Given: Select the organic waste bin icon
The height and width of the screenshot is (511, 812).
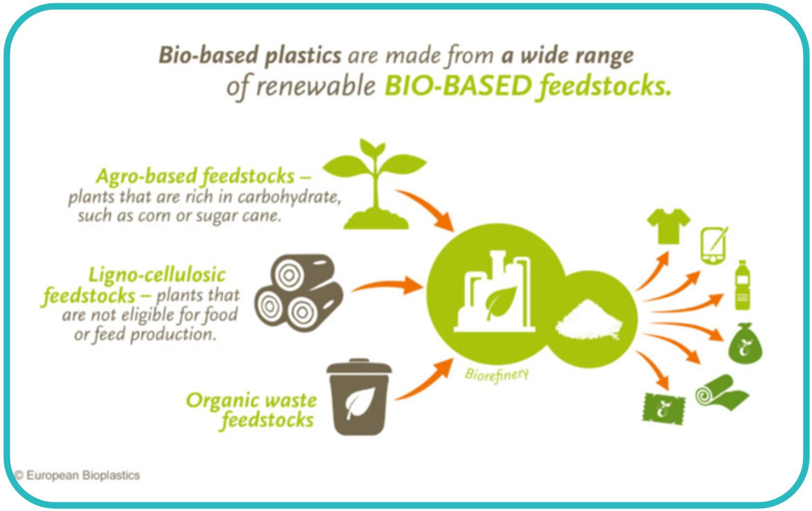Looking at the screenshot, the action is tap(359, 397).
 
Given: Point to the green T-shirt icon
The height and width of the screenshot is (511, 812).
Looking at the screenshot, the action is tap(669, 226).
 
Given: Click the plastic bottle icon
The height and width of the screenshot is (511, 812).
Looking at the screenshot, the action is tap(742, 285).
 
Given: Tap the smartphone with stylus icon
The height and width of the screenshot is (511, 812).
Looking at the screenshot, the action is tap(714, 246).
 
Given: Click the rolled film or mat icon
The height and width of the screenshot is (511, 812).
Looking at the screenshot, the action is tap(721, 393).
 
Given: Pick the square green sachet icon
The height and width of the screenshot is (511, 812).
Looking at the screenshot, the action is tap(664, 409).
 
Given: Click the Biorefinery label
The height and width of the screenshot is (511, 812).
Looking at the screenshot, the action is tap(497, 374).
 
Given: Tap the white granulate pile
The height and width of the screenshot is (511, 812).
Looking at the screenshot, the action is tap(589, 321).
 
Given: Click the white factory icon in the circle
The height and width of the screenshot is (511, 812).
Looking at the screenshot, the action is tap(494, 291).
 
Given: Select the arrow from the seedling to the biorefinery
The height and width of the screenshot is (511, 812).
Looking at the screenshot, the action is tap(428, 207).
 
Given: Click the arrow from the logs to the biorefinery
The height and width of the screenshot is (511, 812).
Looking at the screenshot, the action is tap(388, 285).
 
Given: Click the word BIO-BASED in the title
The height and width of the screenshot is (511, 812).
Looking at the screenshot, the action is tap(458, 86).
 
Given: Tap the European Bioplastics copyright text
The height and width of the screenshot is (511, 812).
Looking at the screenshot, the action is tap(77, 475).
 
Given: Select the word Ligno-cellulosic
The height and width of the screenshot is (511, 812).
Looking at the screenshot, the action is tap(157, 275).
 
